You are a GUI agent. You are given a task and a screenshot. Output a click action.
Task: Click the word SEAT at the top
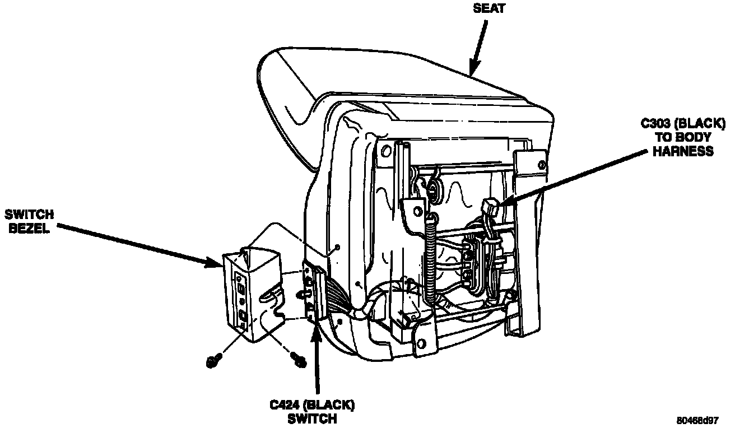pyautogui.click(x=489, y=9)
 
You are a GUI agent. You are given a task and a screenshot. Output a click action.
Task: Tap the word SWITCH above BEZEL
pyautogui.click(x=29, y=215)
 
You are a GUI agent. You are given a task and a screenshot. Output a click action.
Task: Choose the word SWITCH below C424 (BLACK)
pyautogui.click(x=312, y=418)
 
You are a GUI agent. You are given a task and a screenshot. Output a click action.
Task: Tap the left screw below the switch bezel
pyautogui.click(x=213, y=361)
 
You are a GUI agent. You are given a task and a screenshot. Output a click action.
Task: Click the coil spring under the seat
pyautogui.click(x=431, y=258)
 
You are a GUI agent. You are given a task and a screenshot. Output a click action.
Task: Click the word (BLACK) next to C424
pyautogui.click(x=331, y=404)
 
